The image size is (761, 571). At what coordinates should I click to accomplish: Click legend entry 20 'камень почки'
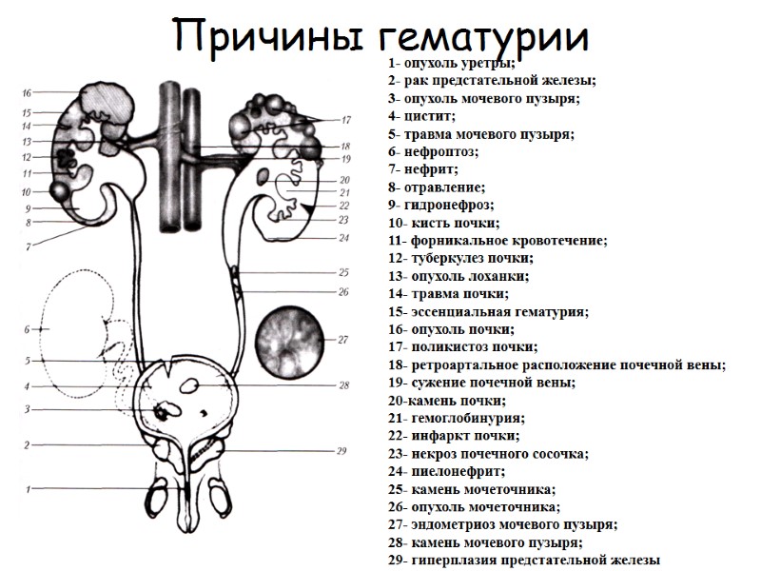446,401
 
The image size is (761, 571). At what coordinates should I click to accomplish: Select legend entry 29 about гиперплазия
523,561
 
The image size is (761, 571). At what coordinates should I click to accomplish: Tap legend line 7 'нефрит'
423,169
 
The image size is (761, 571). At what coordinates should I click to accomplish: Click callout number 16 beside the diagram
27,92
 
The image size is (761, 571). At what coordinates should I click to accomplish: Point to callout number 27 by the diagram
343,339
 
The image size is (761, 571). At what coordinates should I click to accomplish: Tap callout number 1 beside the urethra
29,489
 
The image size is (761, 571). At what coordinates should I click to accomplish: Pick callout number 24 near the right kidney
343,238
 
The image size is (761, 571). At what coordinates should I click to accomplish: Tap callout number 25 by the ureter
343,271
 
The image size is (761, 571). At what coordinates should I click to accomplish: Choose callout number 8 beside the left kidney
29,223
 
